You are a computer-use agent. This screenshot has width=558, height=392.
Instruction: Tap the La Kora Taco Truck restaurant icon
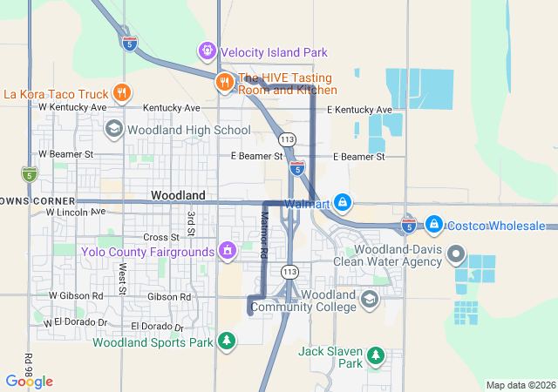click(122, 93)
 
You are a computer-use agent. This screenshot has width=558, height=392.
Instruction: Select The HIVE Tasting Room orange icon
click(224, 82)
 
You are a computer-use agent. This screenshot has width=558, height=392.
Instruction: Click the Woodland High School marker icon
click(113, 130)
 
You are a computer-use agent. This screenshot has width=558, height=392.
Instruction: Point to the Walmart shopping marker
click(343, 204)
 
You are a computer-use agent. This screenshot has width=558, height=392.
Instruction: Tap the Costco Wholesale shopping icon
click(434, 225)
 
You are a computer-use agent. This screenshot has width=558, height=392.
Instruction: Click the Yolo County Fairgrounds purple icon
click(228, 252)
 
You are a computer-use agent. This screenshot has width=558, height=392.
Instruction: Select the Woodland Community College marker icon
click(369, 300)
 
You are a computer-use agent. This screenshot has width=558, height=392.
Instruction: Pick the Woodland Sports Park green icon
click(227, 341)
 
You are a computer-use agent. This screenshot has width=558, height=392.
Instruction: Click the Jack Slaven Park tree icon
click(376, 355)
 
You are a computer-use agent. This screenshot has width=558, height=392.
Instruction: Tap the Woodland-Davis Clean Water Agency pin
click(455, 255)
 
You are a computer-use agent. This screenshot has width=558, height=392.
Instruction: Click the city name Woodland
click(178, 195)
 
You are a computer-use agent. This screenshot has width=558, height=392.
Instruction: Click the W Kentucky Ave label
click(72, 107)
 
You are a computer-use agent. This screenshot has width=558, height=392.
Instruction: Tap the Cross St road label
click(160, 237)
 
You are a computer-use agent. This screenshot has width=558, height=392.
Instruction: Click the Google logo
click(29, 381)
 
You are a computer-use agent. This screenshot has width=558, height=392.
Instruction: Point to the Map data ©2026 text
click(520, 385)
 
